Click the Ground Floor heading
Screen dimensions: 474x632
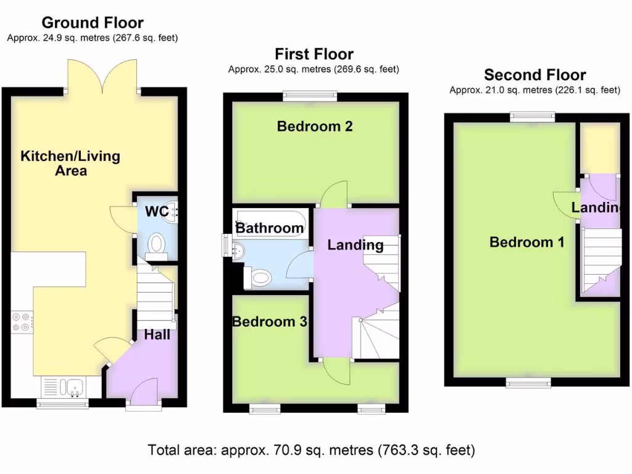93,23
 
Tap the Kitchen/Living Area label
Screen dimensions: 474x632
70,163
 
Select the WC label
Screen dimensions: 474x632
156,212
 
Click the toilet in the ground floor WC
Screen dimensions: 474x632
156,244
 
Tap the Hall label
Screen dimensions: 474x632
157,335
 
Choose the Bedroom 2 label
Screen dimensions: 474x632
315,127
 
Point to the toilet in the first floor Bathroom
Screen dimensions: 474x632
259,278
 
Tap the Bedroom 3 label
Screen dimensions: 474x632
269,322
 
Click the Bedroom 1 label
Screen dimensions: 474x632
526,242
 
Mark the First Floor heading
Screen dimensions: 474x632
314,54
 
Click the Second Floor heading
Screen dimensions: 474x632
534,75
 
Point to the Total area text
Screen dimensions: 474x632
312,450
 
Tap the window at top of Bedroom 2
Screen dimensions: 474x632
310,96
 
